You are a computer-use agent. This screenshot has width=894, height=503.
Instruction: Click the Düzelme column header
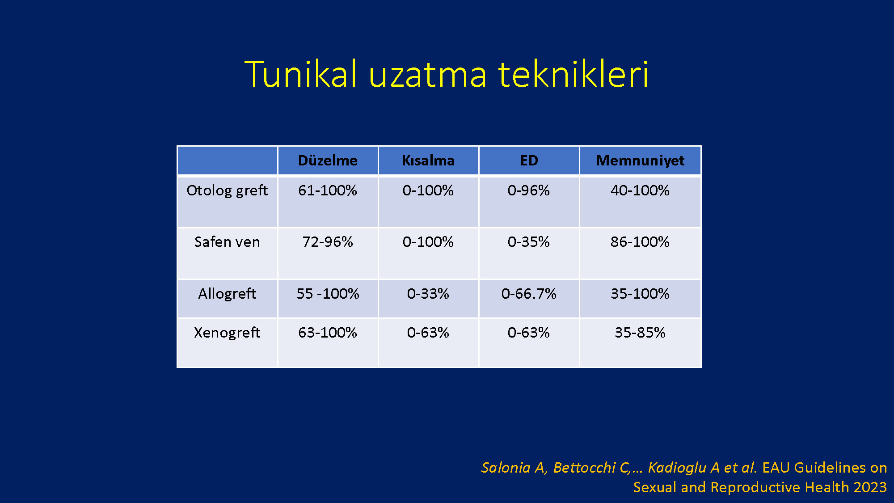click(x=328, y=161)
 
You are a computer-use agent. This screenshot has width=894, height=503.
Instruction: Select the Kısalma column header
click(x=428, y=161)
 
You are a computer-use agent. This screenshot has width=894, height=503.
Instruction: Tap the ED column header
click(x=529, y=161)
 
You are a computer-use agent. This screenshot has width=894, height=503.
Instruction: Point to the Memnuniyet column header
click(x=640, y=161)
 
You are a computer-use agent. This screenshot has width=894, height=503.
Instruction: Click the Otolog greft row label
click(x=227, y=190)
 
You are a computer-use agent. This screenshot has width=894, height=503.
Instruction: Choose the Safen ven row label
click(x=227, y=242)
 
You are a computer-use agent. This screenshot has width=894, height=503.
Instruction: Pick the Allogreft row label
click(x=227, y=294)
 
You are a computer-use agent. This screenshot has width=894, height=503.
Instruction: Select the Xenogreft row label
click(x=227, y=333)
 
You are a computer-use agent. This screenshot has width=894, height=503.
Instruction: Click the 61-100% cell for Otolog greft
click(x=328, y=190)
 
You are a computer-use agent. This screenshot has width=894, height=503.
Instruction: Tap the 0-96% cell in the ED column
click(x=529, y=190)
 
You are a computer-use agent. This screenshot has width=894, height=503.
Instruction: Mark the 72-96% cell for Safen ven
click(x=328, y=242)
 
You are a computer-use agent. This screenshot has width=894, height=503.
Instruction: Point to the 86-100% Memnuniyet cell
click(x=640, y=242)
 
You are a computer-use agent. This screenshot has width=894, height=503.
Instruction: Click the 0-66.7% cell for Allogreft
click(x=529, y=294)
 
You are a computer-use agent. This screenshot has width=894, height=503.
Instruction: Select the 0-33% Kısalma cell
click(x=428, y=294)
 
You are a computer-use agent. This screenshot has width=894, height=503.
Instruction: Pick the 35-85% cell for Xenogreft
click(x=640, y=333)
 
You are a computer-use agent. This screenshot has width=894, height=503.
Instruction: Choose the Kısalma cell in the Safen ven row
click(x=428, y=242)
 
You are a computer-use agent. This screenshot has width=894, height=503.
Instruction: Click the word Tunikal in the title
click(x=301, y=74)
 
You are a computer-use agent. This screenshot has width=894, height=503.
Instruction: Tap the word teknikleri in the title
click(x=574, y=74)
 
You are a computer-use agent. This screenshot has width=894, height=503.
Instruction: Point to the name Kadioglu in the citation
click(x=677, y=468)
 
